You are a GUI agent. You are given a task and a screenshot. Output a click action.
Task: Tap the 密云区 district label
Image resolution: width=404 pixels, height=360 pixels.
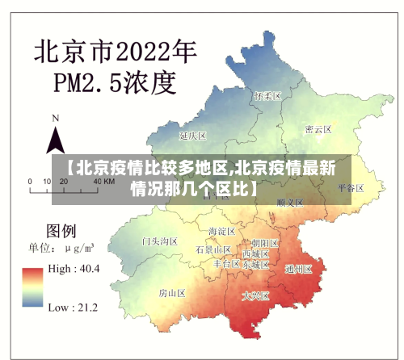[318, 129]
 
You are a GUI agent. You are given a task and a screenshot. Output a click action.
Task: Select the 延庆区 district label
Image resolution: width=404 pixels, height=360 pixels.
[193, 135]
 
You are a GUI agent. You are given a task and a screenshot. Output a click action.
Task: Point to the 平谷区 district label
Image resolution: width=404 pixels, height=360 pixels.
[351, 187]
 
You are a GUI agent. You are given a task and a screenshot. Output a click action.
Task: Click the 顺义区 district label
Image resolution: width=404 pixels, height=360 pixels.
[288, 202]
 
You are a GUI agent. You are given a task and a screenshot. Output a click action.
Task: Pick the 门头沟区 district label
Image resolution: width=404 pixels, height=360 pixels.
[158, 241]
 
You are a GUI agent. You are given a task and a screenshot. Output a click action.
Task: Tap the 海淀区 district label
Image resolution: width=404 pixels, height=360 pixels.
[221, 232]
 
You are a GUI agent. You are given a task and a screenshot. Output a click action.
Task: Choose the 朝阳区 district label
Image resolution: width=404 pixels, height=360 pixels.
[264, 242]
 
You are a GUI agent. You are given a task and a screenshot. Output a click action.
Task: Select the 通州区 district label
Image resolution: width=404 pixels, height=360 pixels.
[298, 270]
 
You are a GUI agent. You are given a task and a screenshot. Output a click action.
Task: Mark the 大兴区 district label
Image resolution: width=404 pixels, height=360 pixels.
[255, 296]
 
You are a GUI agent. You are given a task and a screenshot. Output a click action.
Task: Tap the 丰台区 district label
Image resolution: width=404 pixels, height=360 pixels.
[226, 264]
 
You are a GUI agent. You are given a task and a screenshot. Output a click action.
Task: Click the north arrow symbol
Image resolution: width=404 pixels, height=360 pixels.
[55, 140]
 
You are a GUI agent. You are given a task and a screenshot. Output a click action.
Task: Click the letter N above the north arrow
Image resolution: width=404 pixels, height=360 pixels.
[55, 118]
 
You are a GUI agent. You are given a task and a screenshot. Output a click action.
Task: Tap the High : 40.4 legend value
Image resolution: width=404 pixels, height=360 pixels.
[74, 268]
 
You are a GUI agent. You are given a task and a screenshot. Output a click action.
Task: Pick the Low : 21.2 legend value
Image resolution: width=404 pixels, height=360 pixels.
[74, 307]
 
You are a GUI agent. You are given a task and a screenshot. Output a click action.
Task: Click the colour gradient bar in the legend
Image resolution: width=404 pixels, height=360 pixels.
[33, 287]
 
